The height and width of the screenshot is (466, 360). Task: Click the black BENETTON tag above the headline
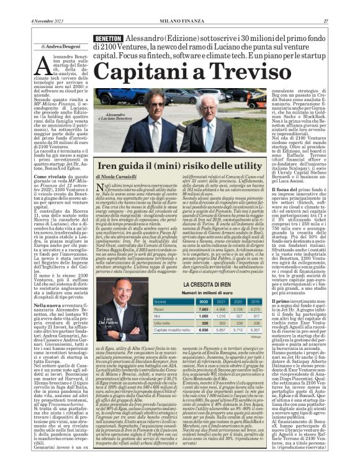click(107, 38)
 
